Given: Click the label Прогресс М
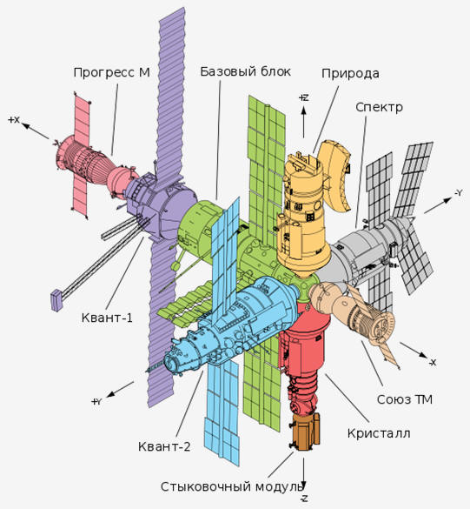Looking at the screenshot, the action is (x=112, y=72).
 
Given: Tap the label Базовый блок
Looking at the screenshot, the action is (x=245, y=71).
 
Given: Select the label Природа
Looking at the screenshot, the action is (x=350, y=74).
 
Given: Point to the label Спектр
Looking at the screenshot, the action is (x=379, y=107).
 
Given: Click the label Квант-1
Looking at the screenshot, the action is (x=107, y=318).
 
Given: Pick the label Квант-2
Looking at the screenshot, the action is (x=164, y=446).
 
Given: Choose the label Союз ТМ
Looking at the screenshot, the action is (x=405, y=399).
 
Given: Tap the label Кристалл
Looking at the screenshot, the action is (x=379, y=433).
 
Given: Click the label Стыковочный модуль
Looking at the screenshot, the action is (x=232, y=486).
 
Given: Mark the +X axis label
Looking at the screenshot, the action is (x=14, y=120).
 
